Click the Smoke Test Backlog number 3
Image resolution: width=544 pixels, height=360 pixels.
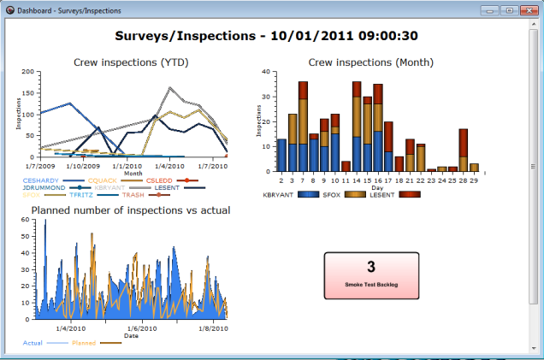pos(371,267)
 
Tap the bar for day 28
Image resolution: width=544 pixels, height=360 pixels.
pos(463,150)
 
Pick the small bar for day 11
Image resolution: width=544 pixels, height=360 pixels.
pos(346,166)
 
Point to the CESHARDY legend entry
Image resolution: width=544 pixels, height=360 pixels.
pos(41,180)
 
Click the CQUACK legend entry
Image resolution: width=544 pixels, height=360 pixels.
pos(103,180)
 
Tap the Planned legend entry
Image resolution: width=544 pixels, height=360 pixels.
pos(84,343)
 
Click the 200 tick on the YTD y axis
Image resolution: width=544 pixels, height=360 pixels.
pos(28,72)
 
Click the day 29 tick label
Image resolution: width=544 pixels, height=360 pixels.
pos(474,180)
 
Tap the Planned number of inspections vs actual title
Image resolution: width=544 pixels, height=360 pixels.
pos(131,210)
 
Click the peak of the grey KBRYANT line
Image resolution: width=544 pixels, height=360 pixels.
pos(171,87)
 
